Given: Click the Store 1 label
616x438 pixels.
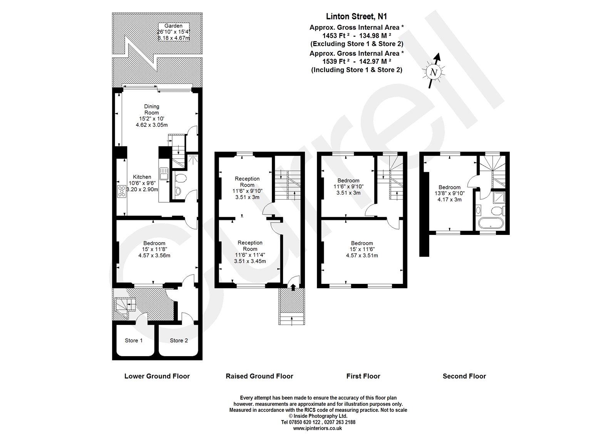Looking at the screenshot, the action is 134,340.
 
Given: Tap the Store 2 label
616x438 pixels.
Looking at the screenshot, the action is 179,340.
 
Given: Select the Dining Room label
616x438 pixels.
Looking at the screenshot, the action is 152,110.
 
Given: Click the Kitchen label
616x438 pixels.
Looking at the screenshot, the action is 142,177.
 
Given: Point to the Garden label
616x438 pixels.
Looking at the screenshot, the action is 174,26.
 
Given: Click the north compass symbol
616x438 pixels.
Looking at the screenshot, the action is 434,72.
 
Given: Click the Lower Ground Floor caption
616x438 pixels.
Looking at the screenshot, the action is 157,376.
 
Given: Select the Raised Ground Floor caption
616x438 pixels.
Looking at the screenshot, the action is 259,376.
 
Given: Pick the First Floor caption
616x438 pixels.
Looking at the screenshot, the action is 363,376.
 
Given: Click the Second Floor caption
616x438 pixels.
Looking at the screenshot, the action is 464,376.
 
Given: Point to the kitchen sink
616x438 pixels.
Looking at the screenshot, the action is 163,174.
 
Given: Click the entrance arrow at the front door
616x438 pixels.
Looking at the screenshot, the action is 293,287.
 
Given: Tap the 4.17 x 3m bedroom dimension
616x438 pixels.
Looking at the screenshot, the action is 449,200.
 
